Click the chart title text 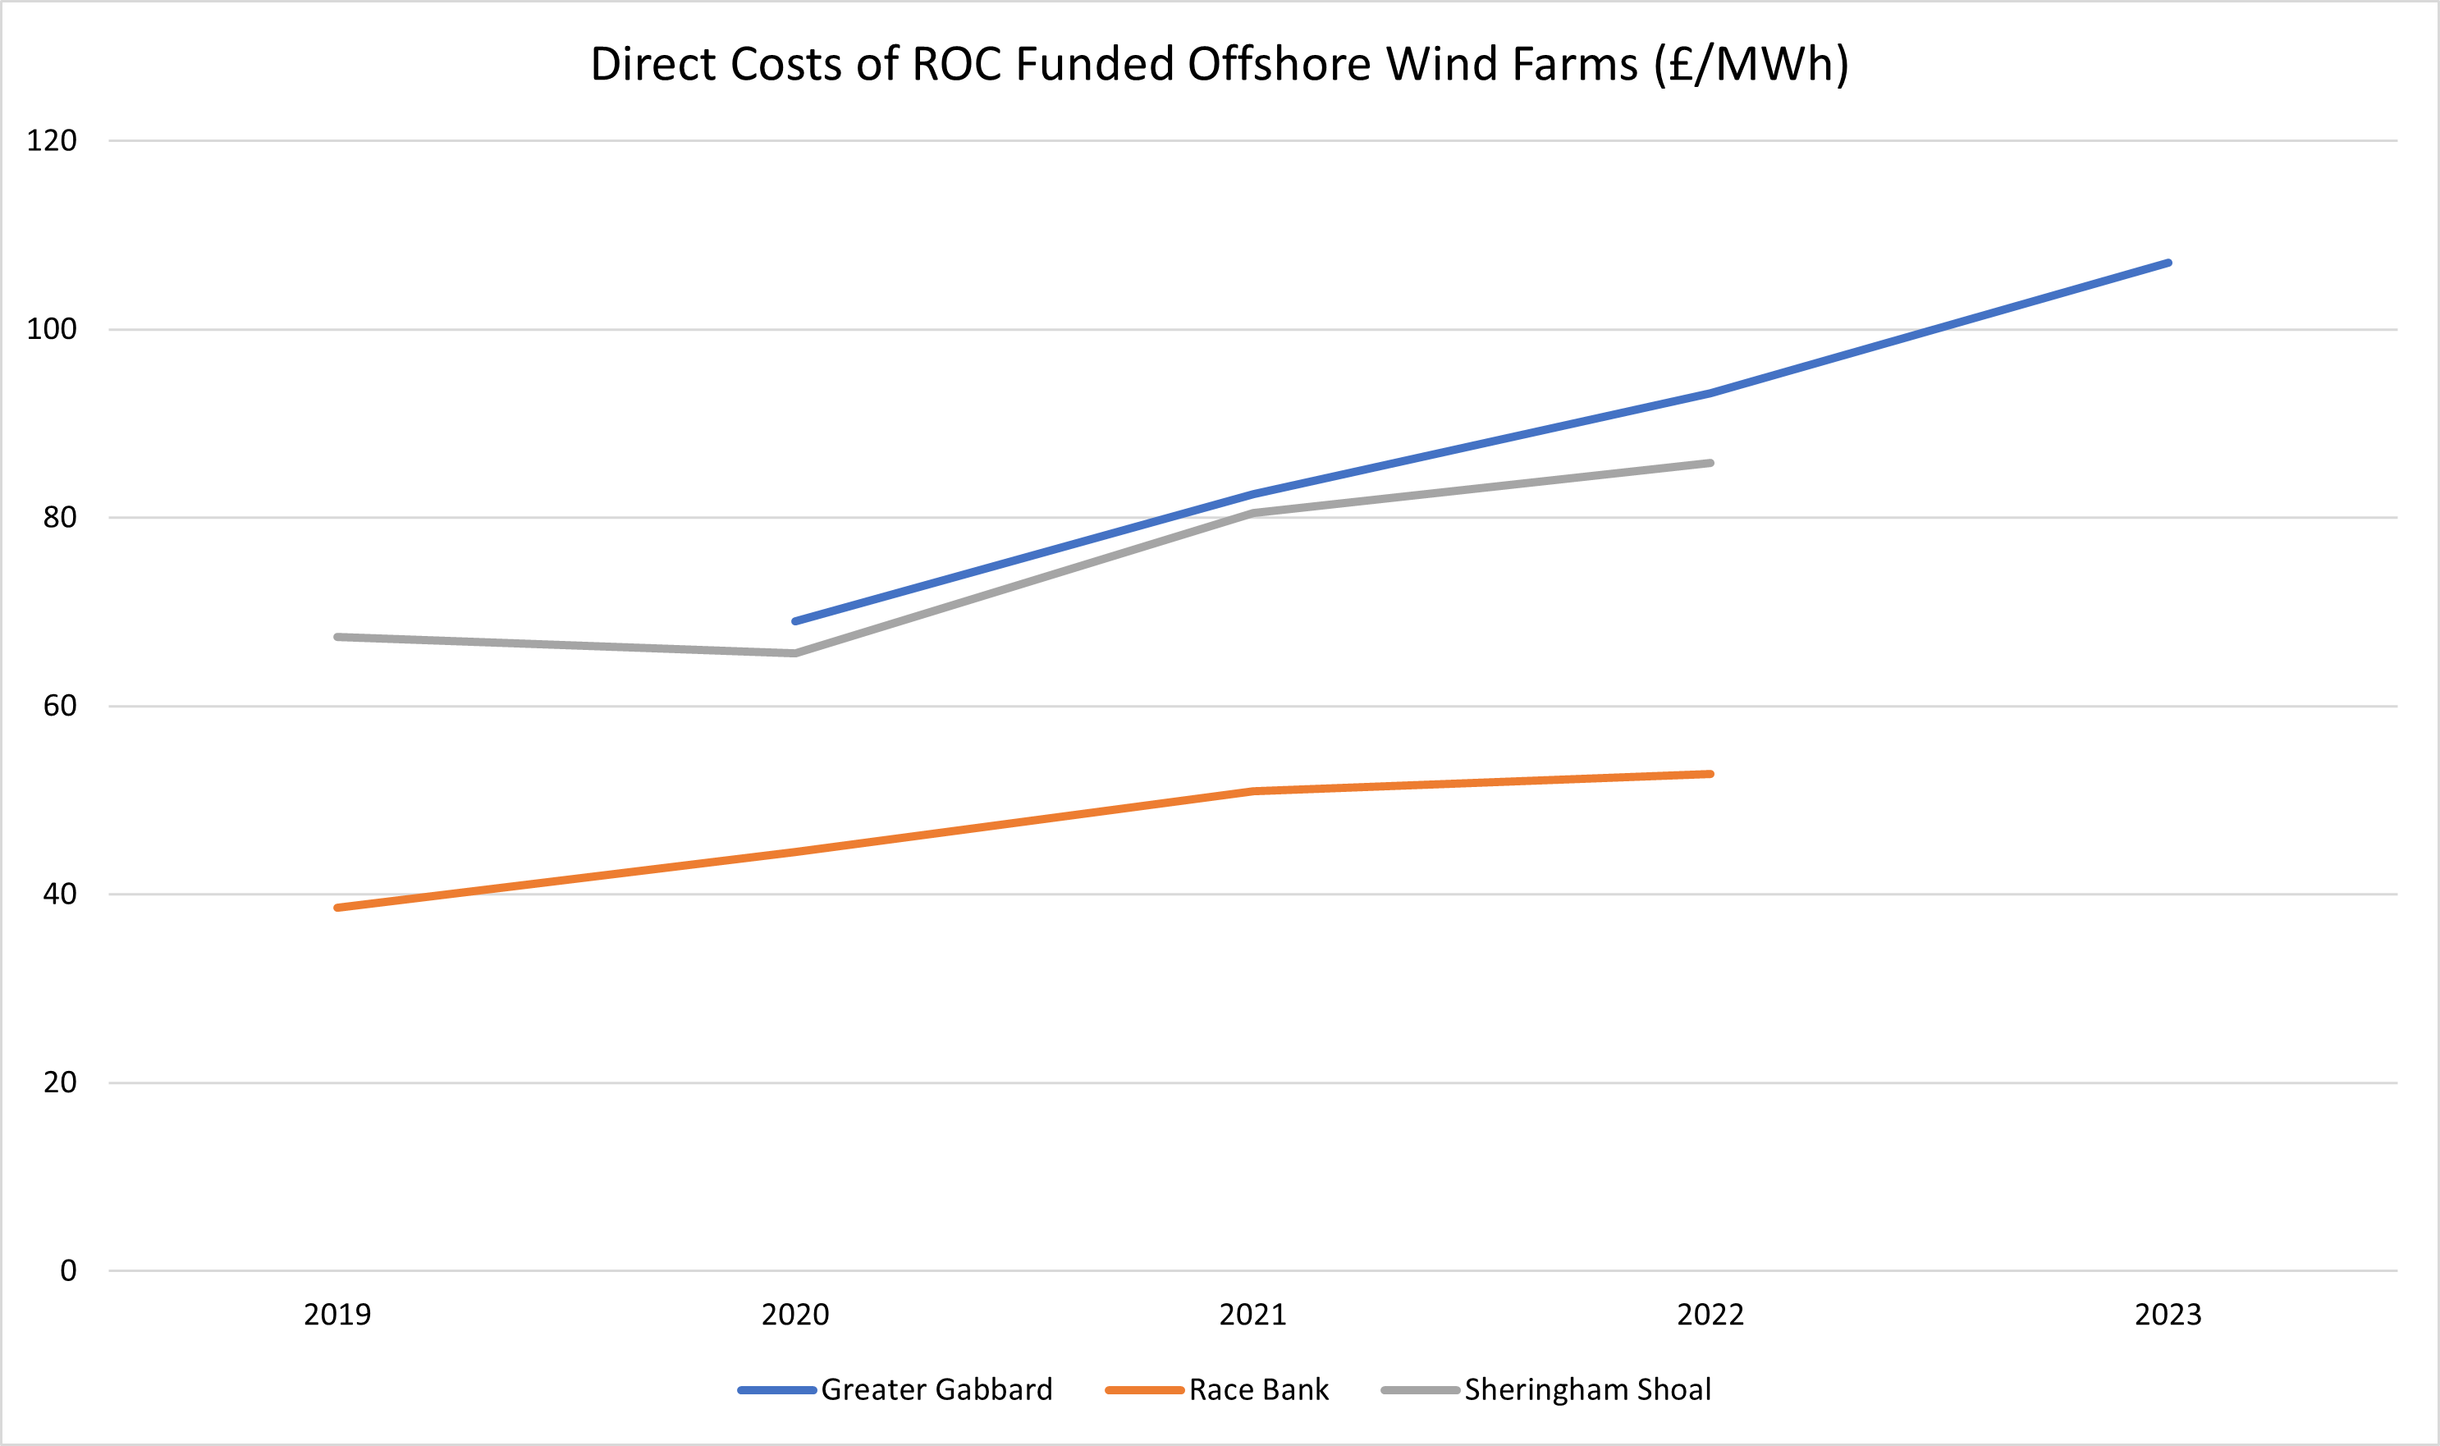tap(1219, 64)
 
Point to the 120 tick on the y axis tap(52, 141)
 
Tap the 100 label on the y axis tap(52, 329)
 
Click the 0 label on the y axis tap(68, 1270)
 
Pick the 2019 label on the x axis tap(337, 1315)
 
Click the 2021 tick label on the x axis tap(1252, 1315)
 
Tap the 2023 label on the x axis tap(2168, 1315)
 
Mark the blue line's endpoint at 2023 tap(2168, 263)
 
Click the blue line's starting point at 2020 tap(795, 620)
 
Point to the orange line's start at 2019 tap(337, 907)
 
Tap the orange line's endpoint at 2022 tap(1710, 774)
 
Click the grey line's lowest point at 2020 tap(795, 653)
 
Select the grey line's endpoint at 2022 tap(1710, 463)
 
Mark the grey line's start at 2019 tap(337, 638)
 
